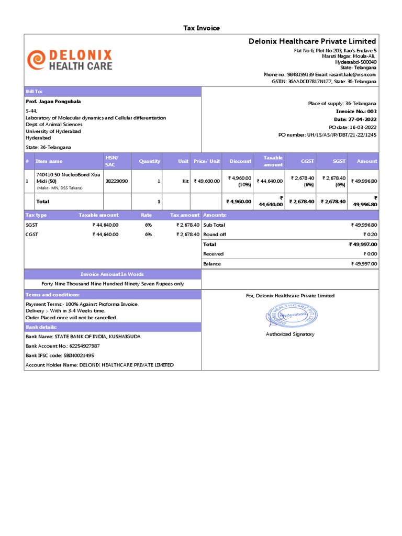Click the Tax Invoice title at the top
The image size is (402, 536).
[201, 28]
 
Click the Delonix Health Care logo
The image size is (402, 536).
[70, 60]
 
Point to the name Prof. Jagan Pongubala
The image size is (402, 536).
[53, 102]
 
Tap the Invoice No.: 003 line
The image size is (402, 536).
[356, 111]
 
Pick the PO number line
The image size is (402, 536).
[327, 135]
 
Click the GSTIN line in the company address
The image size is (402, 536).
[323, 82]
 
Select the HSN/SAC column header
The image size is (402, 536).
[112, 161]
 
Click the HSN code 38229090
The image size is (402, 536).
[117, 181]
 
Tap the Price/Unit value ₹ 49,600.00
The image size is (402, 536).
[207, 181]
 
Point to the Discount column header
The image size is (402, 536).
[240, 161]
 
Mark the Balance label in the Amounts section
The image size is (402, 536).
[212, 264]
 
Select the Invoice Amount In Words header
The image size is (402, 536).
[112, 274]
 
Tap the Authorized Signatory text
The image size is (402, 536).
[290, 334]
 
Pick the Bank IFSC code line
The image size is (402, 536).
[60, 355]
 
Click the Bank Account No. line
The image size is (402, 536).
[63, 346]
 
